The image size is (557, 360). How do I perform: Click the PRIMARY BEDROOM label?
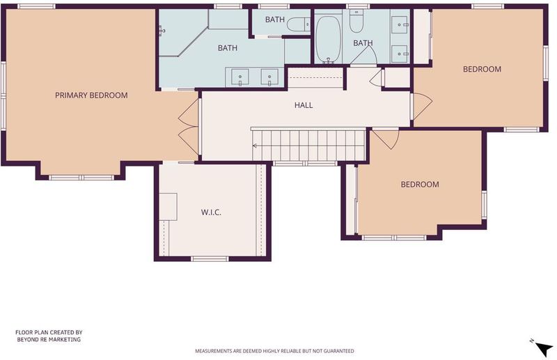91,95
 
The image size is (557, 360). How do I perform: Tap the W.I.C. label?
211,212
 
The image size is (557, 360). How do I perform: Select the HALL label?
304,105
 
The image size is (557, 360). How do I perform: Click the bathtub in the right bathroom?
329,38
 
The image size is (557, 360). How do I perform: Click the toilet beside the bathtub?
356,22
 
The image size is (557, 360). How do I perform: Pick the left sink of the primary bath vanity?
240,77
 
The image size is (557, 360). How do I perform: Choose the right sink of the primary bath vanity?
269,77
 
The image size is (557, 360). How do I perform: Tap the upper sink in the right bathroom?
400,25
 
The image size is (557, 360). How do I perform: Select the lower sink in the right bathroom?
400,54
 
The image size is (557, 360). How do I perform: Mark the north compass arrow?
544,348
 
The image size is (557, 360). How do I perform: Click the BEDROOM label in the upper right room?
482,69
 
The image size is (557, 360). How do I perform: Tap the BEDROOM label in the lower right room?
420,185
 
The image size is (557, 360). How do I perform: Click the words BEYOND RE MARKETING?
49,339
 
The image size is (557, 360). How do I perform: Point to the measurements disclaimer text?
274,351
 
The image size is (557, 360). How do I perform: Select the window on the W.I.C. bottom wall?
210,259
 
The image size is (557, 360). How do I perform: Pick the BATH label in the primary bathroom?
228,48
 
